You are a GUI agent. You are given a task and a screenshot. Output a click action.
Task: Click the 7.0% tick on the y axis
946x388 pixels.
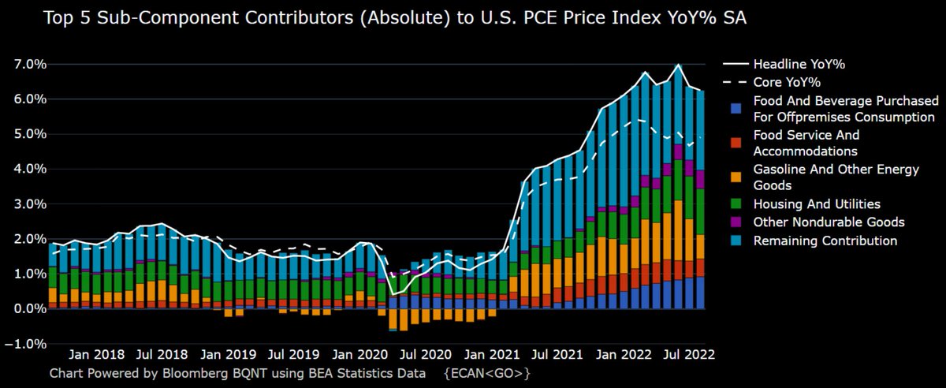coord(26,64)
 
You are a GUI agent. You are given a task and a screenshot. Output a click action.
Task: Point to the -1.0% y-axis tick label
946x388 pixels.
coord(24,343)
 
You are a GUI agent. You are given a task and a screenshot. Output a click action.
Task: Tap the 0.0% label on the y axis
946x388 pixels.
coord(26,308)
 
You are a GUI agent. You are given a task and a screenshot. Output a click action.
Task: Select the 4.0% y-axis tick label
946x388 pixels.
coord(26,169)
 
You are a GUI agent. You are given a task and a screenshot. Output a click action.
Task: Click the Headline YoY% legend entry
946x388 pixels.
coord(804,64)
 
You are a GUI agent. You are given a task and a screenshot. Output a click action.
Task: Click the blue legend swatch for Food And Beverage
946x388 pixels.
coord(736,109)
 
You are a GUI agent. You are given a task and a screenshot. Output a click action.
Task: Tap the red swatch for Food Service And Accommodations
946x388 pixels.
coord(736,143)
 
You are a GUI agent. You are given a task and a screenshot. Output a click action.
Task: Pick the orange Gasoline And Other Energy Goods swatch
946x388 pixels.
coord(736,177)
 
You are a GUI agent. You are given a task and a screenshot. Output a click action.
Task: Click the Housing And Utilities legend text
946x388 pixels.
coord(817,203)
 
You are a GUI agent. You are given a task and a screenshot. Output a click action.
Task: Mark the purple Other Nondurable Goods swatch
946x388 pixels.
coord(736,222)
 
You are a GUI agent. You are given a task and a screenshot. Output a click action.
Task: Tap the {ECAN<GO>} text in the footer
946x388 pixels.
coord(487,371)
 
